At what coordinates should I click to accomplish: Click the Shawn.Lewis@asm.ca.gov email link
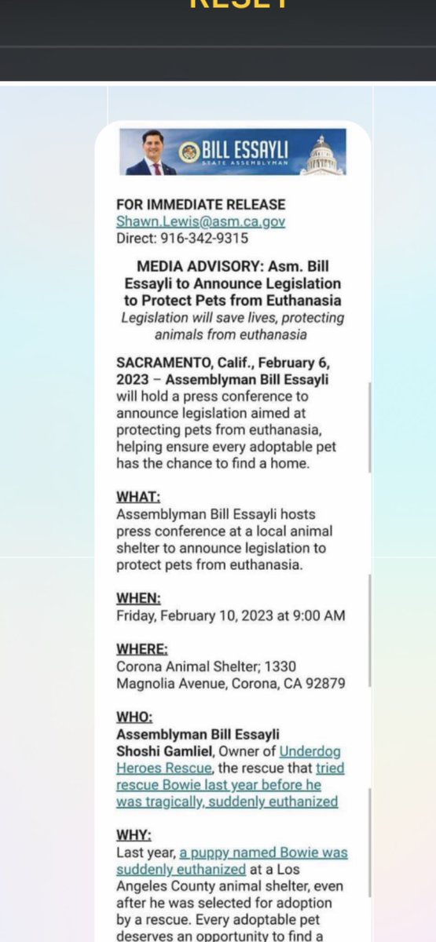click(200, 221)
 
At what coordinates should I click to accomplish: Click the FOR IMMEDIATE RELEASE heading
click(200, 205)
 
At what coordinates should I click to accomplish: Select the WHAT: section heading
click(137, 497)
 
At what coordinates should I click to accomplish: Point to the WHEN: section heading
click(137, 599)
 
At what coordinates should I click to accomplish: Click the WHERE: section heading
click(141, 649)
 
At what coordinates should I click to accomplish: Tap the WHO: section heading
click(134, 717)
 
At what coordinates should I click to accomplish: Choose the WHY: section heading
click(134, 835)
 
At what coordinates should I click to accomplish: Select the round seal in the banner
click(189, 152)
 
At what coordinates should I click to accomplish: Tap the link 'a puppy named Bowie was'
click(263, 853)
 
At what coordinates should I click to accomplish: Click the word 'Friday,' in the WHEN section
click(136, 616)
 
